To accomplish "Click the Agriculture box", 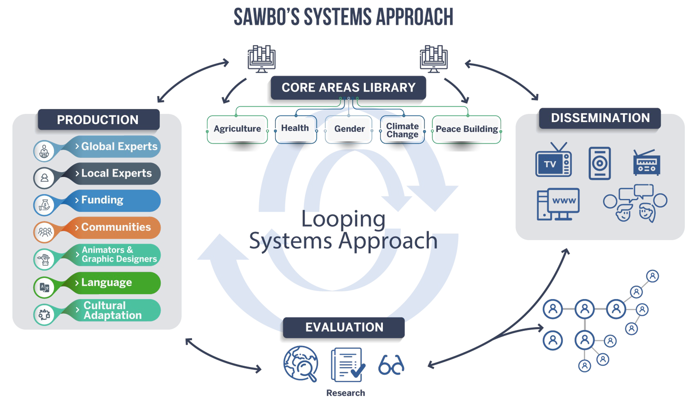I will [x=237, y=129].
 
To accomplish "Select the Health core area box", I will [x=295, y=128].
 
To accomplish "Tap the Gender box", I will [x=349, y=129].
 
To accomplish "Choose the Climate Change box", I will [x=402, y=130].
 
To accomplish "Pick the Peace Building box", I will [x=467, y=129].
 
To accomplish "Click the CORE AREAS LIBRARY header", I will [x=348, y=87].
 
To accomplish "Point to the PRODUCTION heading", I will [x=98, y=120].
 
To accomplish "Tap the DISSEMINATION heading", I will [x=600, y=118].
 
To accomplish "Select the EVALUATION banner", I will [x=344, y=327].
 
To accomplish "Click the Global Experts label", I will [x=119, y=146].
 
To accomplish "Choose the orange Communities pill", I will [x=116, y=227].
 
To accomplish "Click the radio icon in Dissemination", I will [x=646, y=163].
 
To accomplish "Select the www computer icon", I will [x=558, y=204].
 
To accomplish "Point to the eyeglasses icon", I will [x=391, y=365].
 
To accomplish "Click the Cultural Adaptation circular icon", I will [x=44, y=315].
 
